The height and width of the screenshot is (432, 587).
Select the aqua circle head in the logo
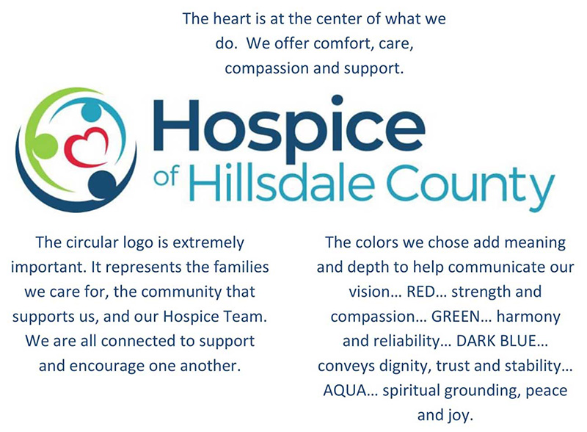91,112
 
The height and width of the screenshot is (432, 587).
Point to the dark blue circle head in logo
102,184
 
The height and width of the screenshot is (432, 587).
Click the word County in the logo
470,187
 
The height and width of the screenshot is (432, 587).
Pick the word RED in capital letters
420,292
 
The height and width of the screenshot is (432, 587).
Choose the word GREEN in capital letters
456,317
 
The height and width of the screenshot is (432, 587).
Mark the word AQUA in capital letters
344,390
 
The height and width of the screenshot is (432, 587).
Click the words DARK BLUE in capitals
497,341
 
